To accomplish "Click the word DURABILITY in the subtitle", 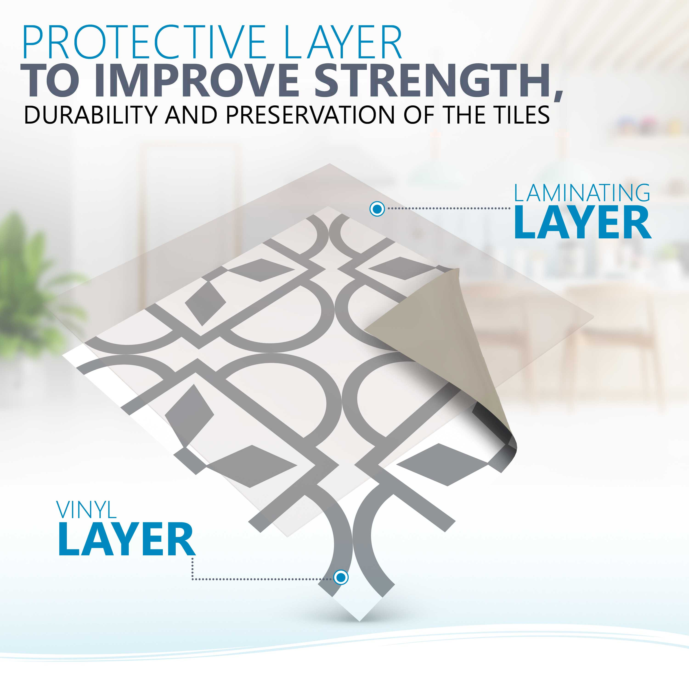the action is pos(90,115).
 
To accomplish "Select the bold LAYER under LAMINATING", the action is pos(582,223).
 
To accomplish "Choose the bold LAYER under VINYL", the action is pos(127,539).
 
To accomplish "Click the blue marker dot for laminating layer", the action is pos(377,209).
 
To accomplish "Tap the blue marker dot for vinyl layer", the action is pos(341,577).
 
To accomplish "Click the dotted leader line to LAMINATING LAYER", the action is pos(449,209).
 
